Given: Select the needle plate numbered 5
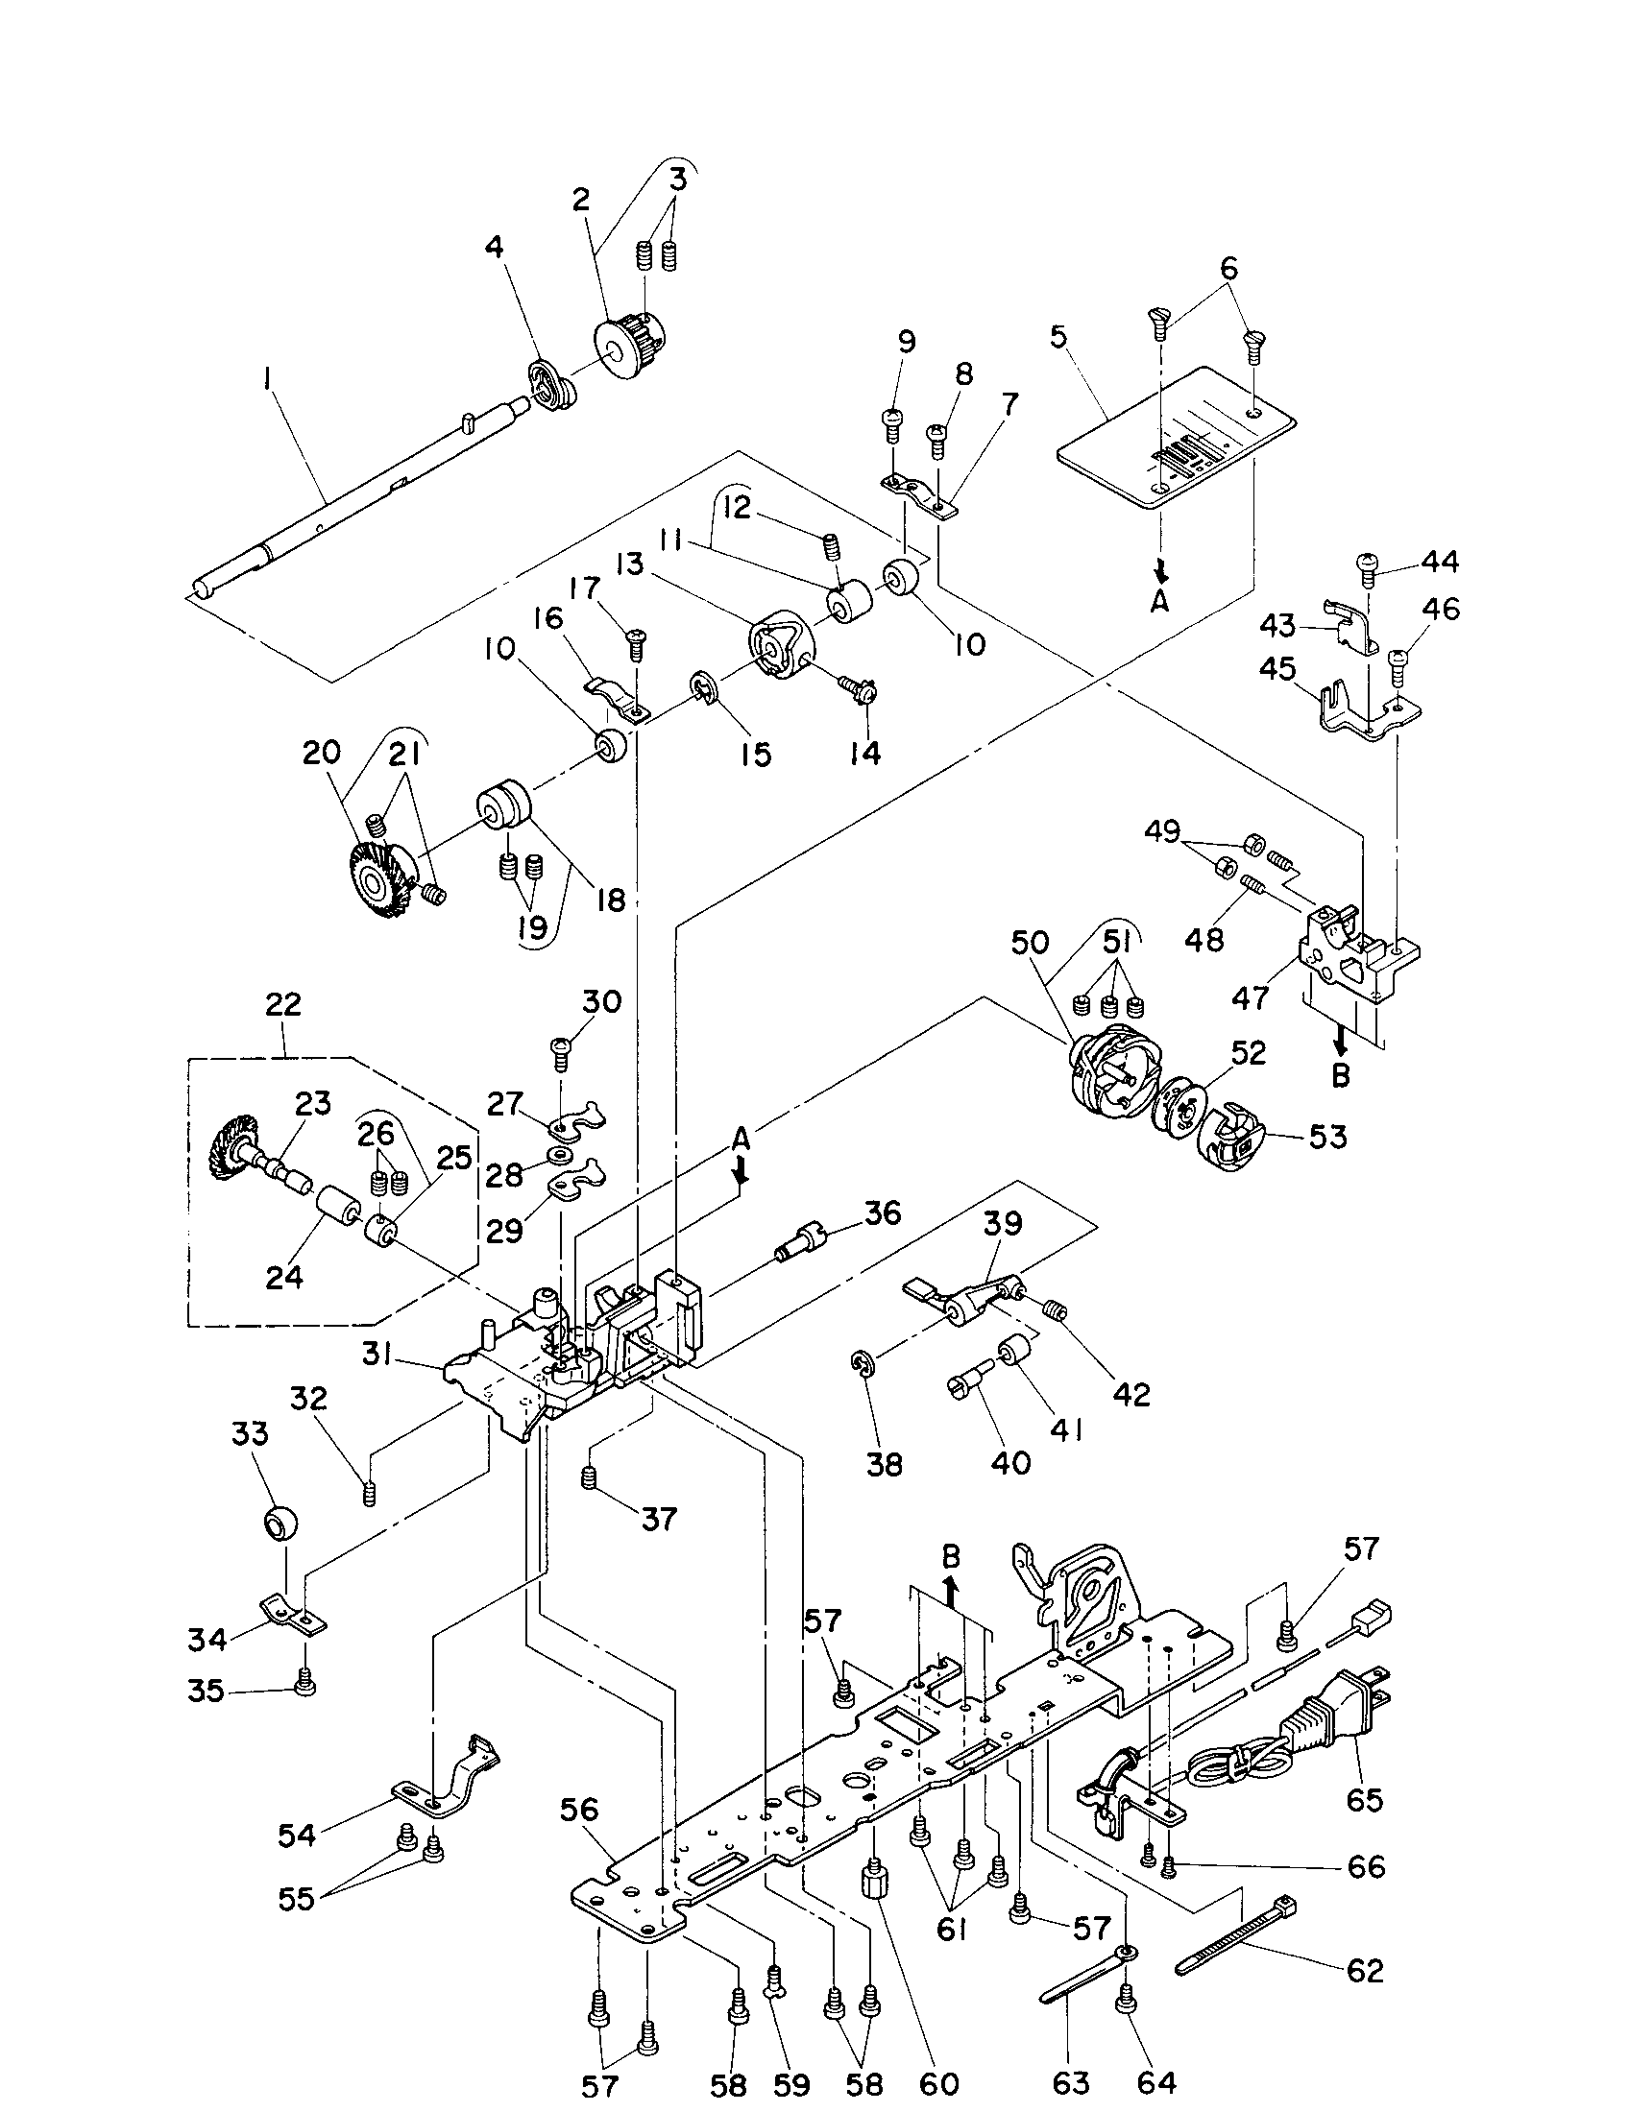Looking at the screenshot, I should click(1176, 437).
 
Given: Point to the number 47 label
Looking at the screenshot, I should click(1249, 996).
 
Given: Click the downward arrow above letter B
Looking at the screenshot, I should click(1340, 1042).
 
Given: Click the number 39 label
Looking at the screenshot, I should click(1003, 1223).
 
